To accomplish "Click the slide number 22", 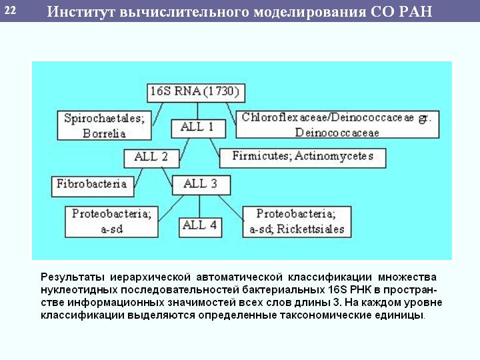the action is (10, 11).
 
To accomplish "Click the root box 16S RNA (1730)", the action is (196, 93).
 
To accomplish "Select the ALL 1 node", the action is (199, 129).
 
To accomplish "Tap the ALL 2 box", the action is (151, 158).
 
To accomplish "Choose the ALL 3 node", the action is (201, 185).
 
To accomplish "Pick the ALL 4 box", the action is (200, 227).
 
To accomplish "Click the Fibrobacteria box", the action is (93, 187).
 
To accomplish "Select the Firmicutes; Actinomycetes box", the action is (303, 158).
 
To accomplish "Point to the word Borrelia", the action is (104, 133).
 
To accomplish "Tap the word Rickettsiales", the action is (311, 229).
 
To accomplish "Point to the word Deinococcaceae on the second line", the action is (337, 133).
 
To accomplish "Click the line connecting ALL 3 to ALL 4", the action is (199, 206).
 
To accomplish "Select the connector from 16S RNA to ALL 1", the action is (197, 111).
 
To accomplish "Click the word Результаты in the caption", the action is (73, 277).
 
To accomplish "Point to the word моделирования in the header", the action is (309, 12).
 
